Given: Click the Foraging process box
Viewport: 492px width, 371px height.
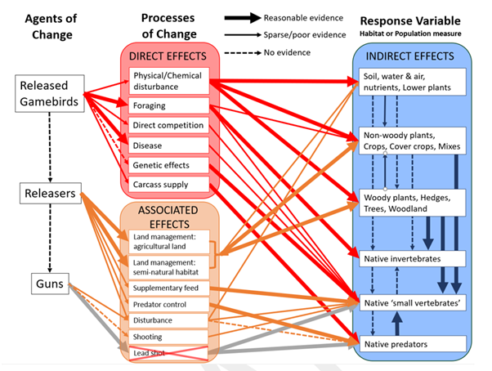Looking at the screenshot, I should pyautogui.click(x=168, y=105).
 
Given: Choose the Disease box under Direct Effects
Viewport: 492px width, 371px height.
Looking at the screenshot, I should pyautogui.click(x=168, y=145).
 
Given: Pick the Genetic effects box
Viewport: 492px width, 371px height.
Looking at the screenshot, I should pyautogui.click(x=168, y=165).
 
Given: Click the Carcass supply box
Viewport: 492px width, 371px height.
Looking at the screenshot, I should pyautogui.click(x=168, y=185).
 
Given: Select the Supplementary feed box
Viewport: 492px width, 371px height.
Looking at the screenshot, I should pyautogui.click(x=168, y=288).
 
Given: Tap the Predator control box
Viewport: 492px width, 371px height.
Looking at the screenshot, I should pyautogui.click(x=168, y=304).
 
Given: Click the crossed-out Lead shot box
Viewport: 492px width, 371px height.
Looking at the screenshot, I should pyautogui.click(x=168, y=352).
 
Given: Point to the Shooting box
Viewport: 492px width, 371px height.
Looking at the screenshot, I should pyautogui.click(x=168, y=337).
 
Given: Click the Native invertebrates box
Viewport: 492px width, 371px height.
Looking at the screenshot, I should pyautogui.click(x=413, y=260).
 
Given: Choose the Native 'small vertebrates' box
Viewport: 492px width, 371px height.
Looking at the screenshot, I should pyautogui.click(x=413, y=302).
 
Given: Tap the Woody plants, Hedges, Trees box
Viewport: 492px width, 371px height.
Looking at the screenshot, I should pyautogui.click(x=413, y=202).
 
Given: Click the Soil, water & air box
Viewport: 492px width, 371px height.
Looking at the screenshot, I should pyautogui.click(x=413, y=80).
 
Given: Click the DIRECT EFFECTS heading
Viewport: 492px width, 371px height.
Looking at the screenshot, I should pyautogui.click(x=168, y=58).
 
